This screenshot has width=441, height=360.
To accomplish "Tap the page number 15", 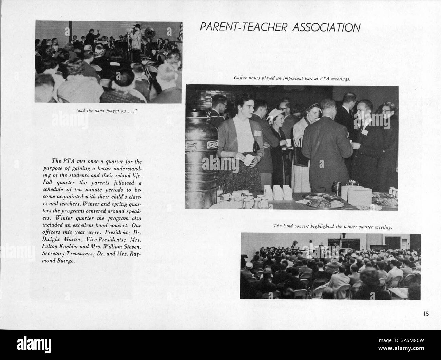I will [426, 314].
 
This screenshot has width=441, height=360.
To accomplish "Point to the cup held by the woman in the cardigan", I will [249, 159].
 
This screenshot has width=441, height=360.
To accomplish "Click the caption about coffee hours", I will [292, 78].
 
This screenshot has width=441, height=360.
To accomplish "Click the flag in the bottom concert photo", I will [340, 242].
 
